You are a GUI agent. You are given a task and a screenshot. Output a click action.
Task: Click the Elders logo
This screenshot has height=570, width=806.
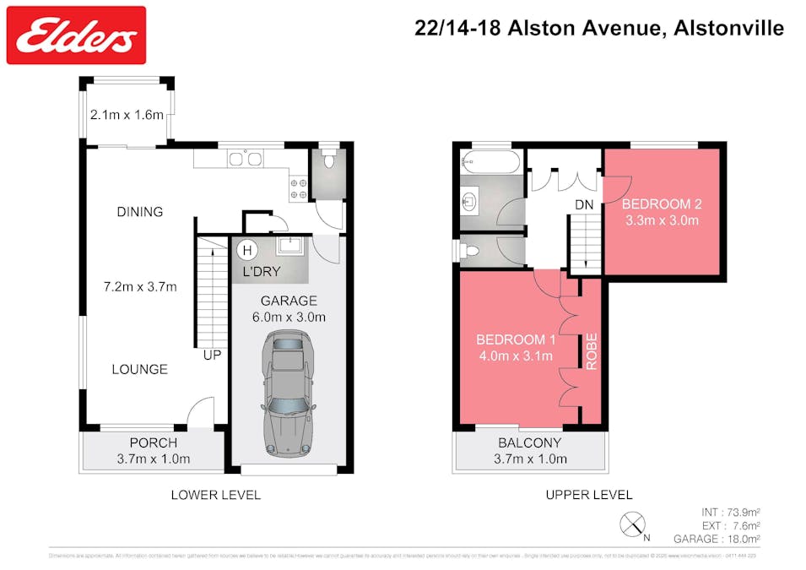tap(76, 35)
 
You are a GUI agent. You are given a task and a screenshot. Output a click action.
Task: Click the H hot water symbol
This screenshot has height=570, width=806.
tap(246, 250)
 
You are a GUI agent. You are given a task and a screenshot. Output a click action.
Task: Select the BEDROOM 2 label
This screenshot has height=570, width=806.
tap(662, 204)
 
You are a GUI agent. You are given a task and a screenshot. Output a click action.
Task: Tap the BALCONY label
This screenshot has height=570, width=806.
tap(529, 442)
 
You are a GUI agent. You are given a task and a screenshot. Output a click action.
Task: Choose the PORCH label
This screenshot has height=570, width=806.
tap(153, 442)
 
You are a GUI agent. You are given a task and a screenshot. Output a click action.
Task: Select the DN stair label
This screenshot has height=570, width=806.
tap(584, 204)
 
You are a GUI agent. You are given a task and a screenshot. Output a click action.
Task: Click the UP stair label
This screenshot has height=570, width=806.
tap(212, 356)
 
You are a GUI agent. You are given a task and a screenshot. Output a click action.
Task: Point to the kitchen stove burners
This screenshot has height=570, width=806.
tap(299, 188)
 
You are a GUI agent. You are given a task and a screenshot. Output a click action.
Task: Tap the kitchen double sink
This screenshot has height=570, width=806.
tap(244, 158)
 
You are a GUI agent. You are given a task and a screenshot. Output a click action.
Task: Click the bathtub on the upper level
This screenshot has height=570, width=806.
tap(491, 162)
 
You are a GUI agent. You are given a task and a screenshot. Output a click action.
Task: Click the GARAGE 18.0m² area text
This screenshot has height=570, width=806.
tap(717, 539)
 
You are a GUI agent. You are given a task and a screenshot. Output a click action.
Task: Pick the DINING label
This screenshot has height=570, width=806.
tap(140, 212)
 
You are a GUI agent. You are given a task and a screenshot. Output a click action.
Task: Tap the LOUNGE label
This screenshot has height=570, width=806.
tap(140, 369)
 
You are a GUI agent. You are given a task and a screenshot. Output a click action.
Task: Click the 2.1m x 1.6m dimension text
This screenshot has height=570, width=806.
tap(127, 115)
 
